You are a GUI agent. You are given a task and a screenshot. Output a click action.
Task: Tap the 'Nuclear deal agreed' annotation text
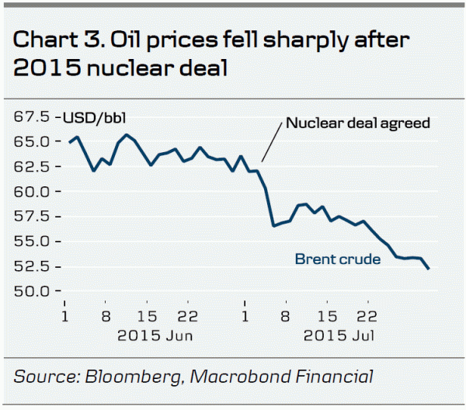pyautogui.click(x=357, y=123)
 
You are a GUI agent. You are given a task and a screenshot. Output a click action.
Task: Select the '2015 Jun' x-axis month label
pyautogui.click(x=155, y=335)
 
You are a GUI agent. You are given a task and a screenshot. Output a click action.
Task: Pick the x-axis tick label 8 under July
pyautogui.click(x=286, y=317)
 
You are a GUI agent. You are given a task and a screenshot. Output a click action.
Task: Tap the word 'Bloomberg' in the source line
pyautogui.click(x=141, y=377)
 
